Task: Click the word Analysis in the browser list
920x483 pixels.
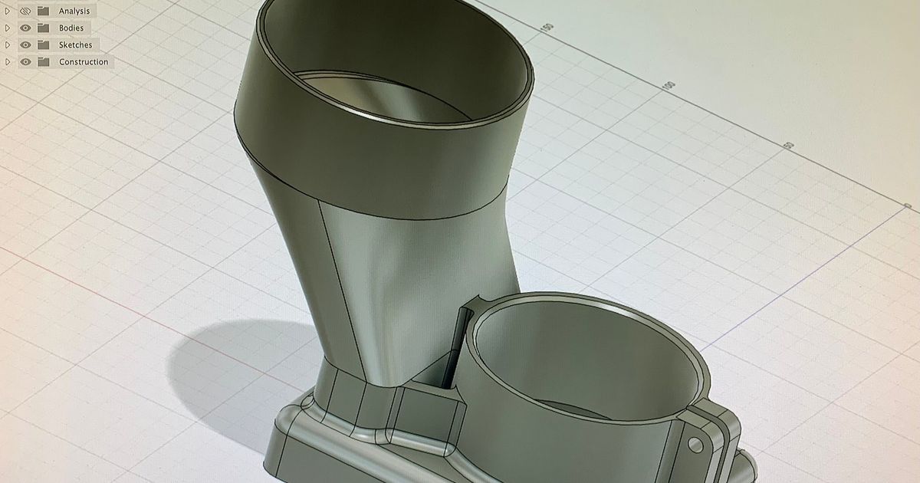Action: pyautogui.click(x=74, y=11)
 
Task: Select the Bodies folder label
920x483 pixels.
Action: pyautogui.click(x=71, y=28)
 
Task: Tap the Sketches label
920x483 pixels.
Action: pyautogui.click(x=75, y=44)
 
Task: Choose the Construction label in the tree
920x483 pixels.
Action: pyautogui.click(x=84, y=61)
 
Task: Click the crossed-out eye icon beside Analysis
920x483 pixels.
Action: pyautogui.click(x=25, y=11)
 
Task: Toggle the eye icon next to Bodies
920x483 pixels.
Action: pyautogui.click(x=25, y=28)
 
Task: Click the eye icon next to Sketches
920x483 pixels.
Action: pyautogui.click(x=25, y=44)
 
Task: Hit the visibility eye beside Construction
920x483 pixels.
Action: pyautogui.click(x=25, y=61)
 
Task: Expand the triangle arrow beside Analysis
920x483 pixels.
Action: pyautogui.click(x=8, y=11)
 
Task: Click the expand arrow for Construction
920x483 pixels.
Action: pyautogui.click(x=8, y=61)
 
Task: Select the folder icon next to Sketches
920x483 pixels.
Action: pyautogui.click(x=43, y=44)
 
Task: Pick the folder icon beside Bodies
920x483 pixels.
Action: pyautogui.click(x=43, y=28)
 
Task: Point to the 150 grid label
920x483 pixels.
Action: pyautogui.click(x=547, y=28)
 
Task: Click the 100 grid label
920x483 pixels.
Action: pyautogui.click(x=669, y=85)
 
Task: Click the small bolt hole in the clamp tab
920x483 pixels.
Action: pyautogui.click(x=695, y=445)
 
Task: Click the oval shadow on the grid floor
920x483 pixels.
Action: pyautogui.click(x=230, y=360)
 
